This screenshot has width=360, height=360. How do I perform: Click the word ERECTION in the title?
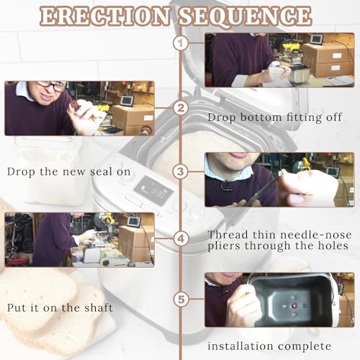pos(105,16)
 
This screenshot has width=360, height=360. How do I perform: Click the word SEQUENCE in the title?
pos(246,16)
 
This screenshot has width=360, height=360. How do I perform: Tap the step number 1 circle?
pos(181,43)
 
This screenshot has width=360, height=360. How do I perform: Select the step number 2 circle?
pos(181,108)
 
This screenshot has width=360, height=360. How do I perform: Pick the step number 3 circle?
pos(181,171)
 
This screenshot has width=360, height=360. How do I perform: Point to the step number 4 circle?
pos(181,238)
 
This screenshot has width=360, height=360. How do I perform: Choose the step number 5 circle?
pos(181,300)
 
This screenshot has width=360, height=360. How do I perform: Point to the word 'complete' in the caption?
pos(305,346)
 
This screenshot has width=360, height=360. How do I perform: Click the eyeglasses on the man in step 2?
pos(53,86)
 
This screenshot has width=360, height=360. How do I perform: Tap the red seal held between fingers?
pos(75,105)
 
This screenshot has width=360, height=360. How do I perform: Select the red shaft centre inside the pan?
pos(294,306)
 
